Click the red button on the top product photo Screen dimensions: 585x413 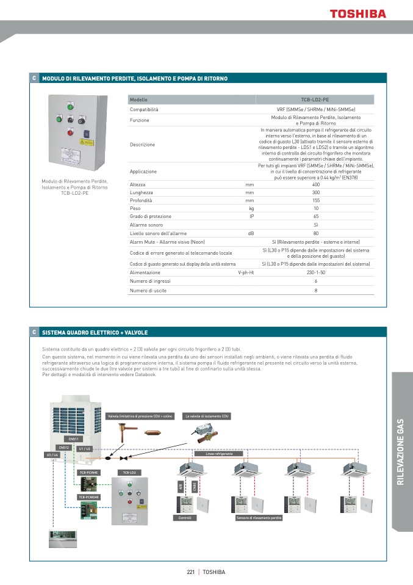pyautogui.click(x=70, y=132)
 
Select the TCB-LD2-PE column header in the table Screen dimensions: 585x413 pyautogui.click(x=315, y=99)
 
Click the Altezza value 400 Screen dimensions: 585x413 pyautogui.click(x=315, y=184)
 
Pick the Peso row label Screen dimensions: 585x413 pyautogui.click(x=135, y=208)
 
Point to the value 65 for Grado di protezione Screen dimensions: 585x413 pyautogui.click(x=315, y=216)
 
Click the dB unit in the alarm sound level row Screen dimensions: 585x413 pyautogui.click(x=250, y=233)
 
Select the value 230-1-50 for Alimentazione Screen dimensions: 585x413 pyautogui.click(x=315, y=272)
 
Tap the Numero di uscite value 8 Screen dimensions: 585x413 pyautogui.click(x=315, y=291)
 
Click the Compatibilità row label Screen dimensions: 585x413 pyautogui.click(x=144, y=109)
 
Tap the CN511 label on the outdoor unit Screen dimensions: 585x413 pyautogui.click(x=73, y=438)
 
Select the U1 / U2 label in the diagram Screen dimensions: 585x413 pyautogui.click(x=85, y=449)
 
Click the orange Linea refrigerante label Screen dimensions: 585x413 pyautogui.click(x=219, y=454)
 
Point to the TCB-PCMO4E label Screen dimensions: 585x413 pyautogui.click(x=88, y=497)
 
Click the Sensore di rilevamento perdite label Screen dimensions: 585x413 pyautogui.click(x=259, y=518)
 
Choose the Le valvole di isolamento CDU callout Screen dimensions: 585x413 pyautogui.click(x=207, y=416)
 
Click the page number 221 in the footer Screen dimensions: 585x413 pyautogui.click(x=190, y=572)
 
